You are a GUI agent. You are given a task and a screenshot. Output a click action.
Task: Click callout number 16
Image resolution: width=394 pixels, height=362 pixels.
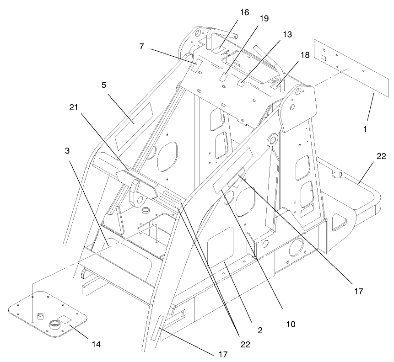click(244, 12)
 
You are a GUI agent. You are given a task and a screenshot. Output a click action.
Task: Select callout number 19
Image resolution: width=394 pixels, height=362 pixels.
click(264, 19)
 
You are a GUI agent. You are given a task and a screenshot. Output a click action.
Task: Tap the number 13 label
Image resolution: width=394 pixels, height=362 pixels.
click(287, 34)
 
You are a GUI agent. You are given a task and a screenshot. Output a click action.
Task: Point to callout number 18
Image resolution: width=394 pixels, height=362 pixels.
click(305, 55)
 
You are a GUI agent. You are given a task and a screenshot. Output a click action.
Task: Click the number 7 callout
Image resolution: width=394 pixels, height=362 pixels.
click(142, 47)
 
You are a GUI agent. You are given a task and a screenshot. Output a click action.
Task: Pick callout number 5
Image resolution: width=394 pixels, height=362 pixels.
click(104, 85)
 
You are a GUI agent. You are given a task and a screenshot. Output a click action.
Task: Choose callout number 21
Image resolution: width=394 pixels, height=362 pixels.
click(74, 107)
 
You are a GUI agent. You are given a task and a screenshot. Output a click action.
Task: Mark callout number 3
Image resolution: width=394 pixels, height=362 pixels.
click(67, 151)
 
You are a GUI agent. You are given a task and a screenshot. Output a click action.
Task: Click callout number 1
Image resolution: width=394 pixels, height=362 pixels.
click(365, 129)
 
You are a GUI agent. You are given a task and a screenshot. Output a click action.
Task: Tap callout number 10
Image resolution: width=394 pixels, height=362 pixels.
click(291, 325)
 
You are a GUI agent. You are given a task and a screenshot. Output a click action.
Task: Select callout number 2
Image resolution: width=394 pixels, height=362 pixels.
click(260, 330)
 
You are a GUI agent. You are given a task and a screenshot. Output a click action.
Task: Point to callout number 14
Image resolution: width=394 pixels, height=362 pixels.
click(96, 345)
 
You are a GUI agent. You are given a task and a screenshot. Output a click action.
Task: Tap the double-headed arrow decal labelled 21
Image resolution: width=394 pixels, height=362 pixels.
click(137, 181)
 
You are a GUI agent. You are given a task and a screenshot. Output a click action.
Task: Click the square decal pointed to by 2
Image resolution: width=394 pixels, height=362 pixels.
click(220, 244)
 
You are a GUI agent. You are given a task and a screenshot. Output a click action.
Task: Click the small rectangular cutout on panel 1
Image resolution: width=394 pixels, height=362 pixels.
click(323, 58)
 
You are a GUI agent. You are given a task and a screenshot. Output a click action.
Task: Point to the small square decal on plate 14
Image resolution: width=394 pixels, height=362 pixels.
click(65, 319)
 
